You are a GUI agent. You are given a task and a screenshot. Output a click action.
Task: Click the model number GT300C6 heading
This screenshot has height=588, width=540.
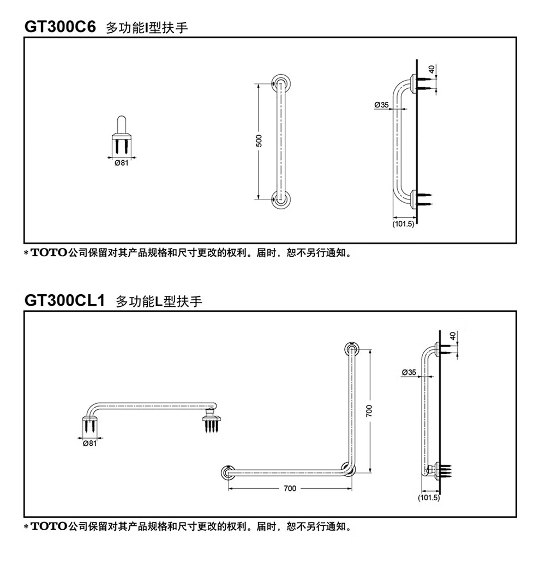point(60,27)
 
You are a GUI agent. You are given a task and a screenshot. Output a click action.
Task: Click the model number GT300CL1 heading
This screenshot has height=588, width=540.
point(64,301)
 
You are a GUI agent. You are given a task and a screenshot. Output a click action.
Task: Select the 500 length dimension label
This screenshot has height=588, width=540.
point(259,141)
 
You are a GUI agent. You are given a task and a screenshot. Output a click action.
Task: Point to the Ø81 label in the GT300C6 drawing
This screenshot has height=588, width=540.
point(122,163)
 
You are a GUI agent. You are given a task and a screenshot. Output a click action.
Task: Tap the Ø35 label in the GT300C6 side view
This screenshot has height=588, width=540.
point(381,105)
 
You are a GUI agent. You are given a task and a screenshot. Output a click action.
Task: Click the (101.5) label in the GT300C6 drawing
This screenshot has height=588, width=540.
point(403,224)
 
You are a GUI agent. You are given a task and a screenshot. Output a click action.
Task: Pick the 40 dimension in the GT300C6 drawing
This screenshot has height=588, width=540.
point(431,69)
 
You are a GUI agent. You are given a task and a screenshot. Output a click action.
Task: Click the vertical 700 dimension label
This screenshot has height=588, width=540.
point(369,411)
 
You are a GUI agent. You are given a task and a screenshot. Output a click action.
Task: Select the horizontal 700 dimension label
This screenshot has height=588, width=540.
point(290,488)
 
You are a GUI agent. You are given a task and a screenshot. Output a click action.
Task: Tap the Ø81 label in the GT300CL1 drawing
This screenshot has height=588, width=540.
point(89,444)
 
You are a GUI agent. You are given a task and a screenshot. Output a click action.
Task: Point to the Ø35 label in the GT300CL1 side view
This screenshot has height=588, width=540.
point(409,372)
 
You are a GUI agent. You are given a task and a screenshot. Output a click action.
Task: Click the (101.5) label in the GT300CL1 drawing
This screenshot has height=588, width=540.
point(429,498)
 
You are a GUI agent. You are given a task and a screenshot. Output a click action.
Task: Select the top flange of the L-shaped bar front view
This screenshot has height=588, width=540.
point(352,349)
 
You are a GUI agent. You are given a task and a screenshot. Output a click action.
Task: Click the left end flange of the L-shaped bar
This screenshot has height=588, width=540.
point(228,472)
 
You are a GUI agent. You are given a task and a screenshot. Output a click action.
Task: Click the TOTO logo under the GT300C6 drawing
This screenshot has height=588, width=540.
point(49,252)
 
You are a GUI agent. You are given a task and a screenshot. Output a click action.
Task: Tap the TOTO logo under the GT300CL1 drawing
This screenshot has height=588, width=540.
point(49,526)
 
